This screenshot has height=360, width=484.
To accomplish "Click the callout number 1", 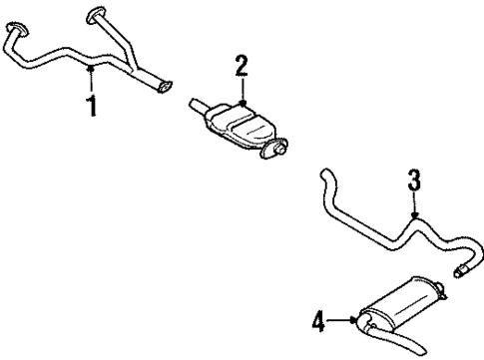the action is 93,104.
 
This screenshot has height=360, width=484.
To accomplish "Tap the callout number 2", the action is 242,69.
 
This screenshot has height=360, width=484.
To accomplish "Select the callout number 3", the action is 414,182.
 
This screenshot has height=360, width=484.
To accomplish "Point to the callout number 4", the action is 320,321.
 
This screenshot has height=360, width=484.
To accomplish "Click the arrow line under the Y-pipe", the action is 93,79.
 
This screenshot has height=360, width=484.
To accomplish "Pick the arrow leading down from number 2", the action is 242,92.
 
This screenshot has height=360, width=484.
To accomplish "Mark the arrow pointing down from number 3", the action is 414,205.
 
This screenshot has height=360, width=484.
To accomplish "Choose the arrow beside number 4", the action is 343,321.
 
